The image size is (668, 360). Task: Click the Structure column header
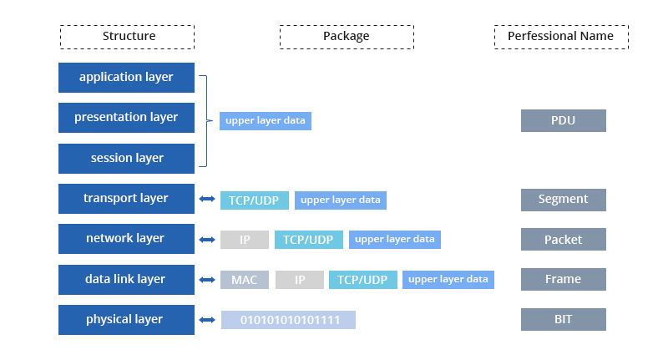[x=127, y=37]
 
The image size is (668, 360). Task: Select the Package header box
[x=347, y=37]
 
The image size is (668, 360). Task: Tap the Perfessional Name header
[x=561, y=37]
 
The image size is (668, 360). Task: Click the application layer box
[x=127, y=78]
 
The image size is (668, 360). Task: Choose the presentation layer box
[x=127, y=118]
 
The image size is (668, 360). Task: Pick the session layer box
[x=127, y=159]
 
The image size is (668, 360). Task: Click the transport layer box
[x=127, y=199]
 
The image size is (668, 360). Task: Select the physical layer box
[x=127, y=320]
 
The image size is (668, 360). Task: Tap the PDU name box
[x=563, y=120]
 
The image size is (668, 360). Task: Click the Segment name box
[x=563, y=200]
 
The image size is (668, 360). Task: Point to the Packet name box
[x=563, y=239]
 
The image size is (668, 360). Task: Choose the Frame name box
[x=563, y=279]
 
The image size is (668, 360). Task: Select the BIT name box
[x=563, y=319]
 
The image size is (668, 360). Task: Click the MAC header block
[x=245, y=280]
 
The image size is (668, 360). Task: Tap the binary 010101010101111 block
[x=288, y=320]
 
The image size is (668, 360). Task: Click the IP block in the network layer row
[x=245, y=240]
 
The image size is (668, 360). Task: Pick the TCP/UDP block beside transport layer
[x=255, y=200]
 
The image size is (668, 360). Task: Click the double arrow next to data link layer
[x=207, y=280]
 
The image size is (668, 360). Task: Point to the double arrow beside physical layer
[x=207, y=320]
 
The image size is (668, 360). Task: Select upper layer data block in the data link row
[x=448, y=280]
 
